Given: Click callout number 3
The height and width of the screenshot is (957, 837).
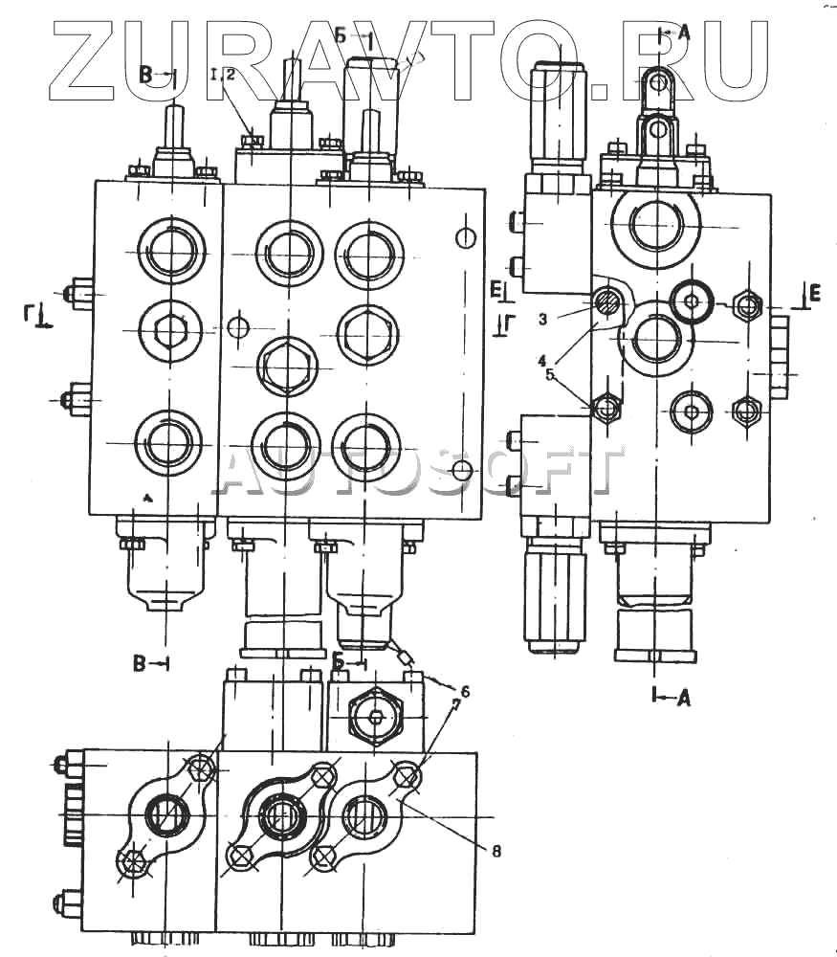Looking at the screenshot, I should pos(542,318).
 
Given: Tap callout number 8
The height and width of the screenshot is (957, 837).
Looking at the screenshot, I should pos(496,849).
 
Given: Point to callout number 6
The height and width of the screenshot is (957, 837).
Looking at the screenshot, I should pos(465,690).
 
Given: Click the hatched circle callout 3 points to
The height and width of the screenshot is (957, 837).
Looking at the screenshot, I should pos(607,305).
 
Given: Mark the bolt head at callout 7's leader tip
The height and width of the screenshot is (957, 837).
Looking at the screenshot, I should pos(407,777).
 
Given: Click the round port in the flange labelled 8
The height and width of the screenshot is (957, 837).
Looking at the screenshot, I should pos(363,817).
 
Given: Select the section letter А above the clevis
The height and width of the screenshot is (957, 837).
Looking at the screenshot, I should pos(682,31).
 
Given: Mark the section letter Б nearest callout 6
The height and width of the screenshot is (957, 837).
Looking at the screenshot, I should pos(340,660).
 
